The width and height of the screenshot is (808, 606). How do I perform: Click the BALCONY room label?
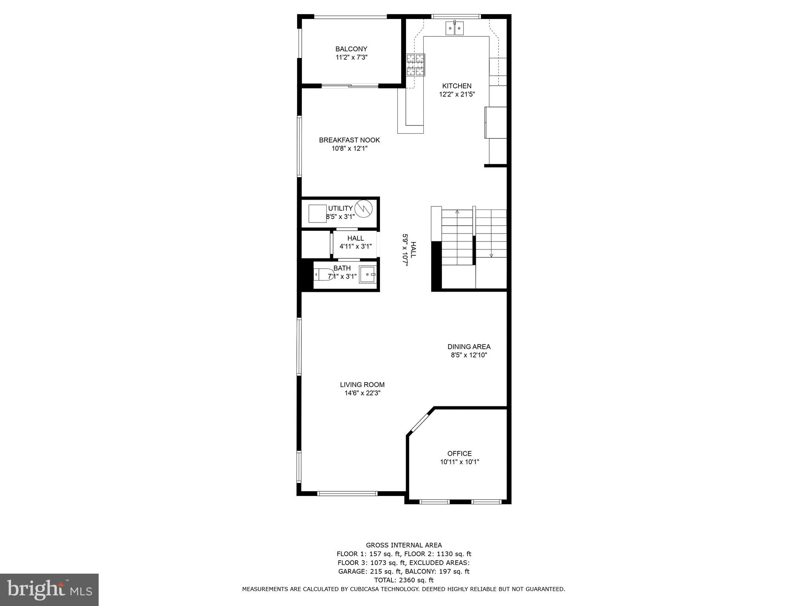coord(351,49)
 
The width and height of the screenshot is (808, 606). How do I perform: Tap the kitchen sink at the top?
coord(454,28)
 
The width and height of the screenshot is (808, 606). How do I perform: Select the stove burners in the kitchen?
coord(416,65)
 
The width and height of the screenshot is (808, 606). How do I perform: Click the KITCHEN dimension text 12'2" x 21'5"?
coord(457,94)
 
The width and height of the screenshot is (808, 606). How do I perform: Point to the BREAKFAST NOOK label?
coord(349,140)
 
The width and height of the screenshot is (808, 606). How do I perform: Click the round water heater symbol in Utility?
coord(363,208)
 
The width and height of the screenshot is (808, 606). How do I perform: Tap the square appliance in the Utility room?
coord(317,213)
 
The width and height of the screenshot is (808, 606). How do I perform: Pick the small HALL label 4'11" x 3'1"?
coord(355,242)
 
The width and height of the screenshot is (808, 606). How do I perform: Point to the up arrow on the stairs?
coord(457,212)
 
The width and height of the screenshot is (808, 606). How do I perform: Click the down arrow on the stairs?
coord(491,255)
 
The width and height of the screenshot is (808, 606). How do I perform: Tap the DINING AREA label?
coord(469,347)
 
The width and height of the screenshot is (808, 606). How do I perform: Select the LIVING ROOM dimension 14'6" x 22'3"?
coord(362,393)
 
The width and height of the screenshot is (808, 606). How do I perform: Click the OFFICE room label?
coord(459,453)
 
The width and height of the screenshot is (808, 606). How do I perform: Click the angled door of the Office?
coord(420,423)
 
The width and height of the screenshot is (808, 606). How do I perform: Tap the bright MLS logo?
coord(49,589)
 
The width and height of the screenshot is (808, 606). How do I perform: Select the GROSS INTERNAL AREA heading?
coord(404,545)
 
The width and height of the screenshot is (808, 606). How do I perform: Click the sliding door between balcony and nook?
coord(350,86)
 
